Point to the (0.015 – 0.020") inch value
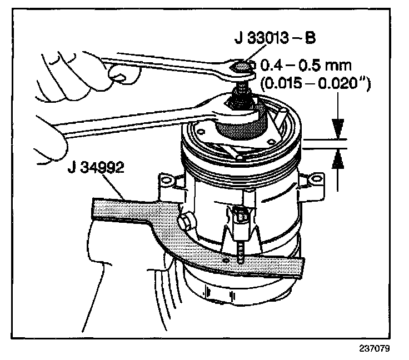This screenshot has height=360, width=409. tap(315, 85)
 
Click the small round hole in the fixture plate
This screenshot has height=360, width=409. tap(226, 259)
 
